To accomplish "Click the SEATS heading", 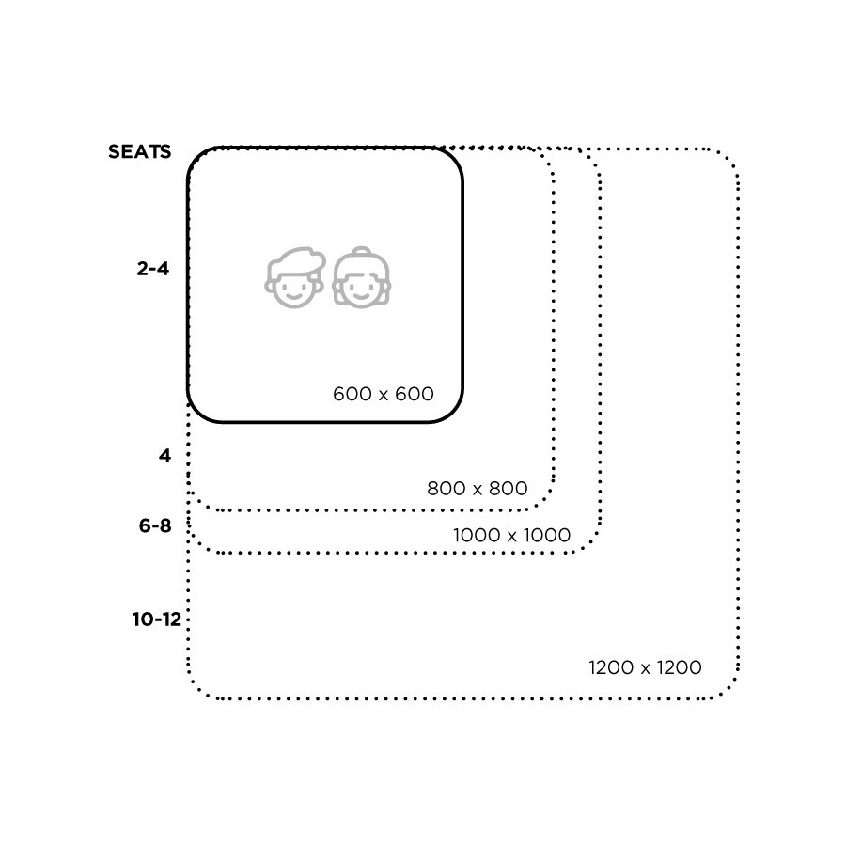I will [x=139, y=151].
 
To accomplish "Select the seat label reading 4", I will [x=165, y=457].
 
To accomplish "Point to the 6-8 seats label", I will [x=155, y=526].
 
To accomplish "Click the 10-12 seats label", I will [x=156, y=619].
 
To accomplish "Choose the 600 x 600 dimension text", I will [x=384, y=394].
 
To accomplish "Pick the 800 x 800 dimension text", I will [x=477, y=489].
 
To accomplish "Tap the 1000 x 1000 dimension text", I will [x=511, y=535].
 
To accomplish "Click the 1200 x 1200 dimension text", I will [x=645, y=668].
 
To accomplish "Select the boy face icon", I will [x=295, y=278].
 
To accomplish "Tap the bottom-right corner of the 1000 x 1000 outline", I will [x=591, y=544].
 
